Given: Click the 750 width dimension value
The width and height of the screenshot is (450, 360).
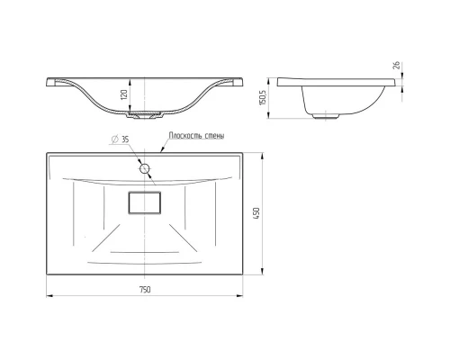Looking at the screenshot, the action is (145, 290).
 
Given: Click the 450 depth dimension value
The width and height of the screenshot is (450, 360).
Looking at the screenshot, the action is (256, 213).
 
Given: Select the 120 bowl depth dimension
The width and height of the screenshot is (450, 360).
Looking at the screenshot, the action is (125, 94).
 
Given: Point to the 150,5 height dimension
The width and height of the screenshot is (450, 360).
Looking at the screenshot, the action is (263, 97).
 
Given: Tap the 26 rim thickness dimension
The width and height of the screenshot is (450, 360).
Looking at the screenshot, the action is (396, 65).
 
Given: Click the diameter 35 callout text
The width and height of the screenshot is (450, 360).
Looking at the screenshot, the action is (121, 139).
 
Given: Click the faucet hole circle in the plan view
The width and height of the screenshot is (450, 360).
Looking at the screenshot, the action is (145, 168).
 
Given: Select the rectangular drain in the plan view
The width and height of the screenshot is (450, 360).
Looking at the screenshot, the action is (145, 202).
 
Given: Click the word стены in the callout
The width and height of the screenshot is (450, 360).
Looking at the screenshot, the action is (215, 136).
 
